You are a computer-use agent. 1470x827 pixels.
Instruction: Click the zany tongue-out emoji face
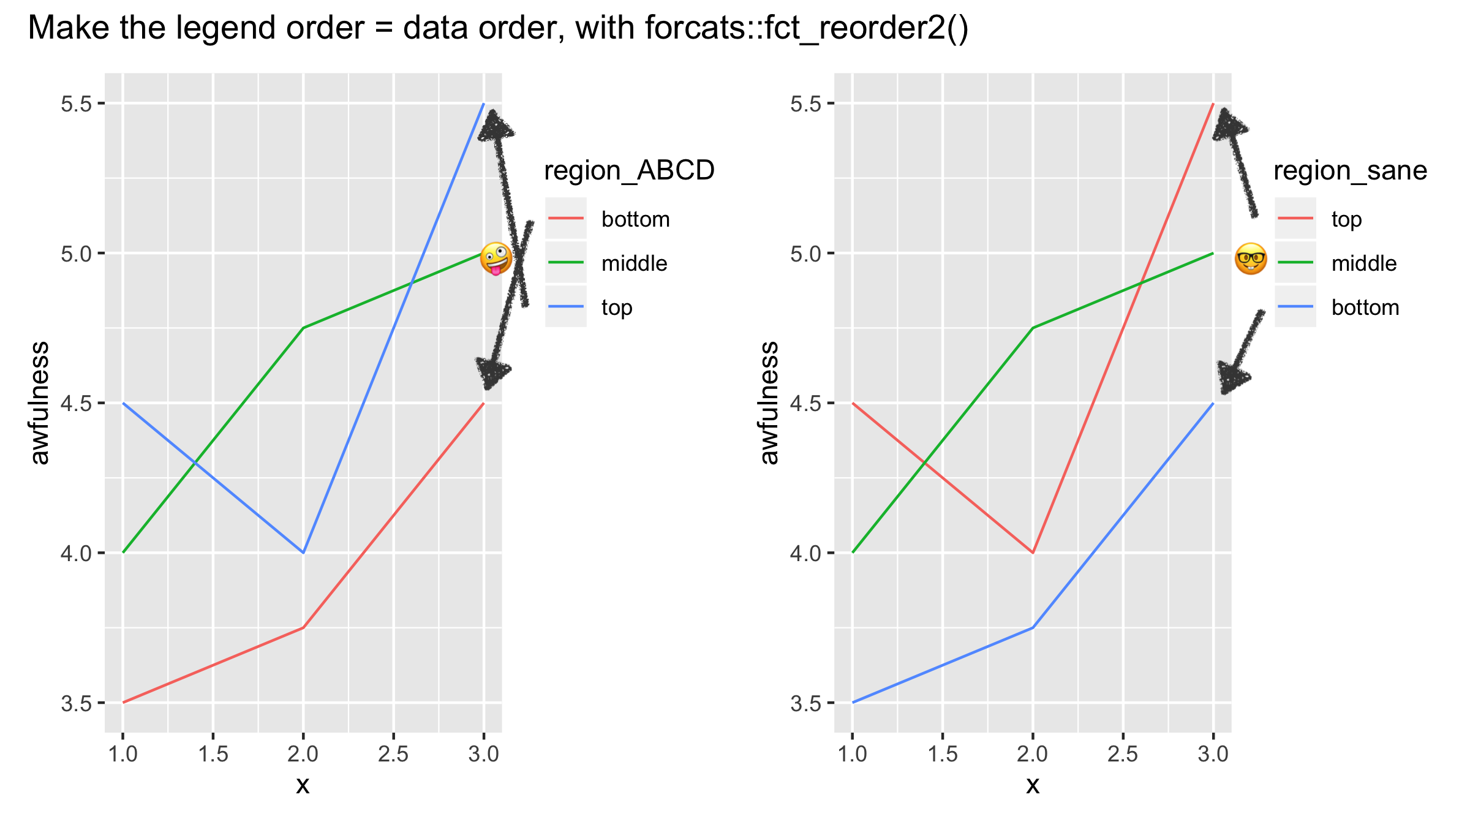click(496, 259)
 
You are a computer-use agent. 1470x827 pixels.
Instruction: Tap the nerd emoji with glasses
click(1250, 259)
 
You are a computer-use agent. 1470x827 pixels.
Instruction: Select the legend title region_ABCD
click(629, 170)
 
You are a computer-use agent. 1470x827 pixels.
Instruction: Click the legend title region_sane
click(1350, 170)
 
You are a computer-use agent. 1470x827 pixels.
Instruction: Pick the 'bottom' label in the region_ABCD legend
click(635, 219)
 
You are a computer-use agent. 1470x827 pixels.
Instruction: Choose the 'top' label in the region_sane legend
click(1346, 219)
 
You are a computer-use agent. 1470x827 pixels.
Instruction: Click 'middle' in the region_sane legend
click(1363, 263)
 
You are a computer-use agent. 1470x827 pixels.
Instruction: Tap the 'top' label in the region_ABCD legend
click(616, 308)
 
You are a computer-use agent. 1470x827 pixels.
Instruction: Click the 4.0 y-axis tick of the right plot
click(805, 553)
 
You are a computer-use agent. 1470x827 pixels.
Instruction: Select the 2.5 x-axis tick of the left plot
click(393, 754)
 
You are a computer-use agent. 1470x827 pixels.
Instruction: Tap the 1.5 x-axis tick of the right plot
click(942, 754)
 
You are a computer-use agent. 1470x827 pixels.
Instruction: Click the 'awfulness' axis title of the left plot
click(40, 403)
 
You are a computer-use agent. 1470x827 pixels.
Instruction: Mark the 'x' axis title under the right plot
click(1033, 785)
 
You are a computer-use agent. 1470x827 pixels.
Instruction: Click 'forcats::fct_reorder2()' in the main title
click(806, 28)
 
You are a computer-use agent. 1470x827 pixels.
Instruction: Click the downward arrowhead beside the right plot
click(1230, 377)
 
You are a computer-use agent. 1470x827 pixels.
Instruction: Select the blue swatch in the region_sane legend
click(1295, 306)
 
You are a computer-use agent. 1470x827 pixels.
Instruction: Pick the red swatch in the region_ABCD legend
click(566, 219)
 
